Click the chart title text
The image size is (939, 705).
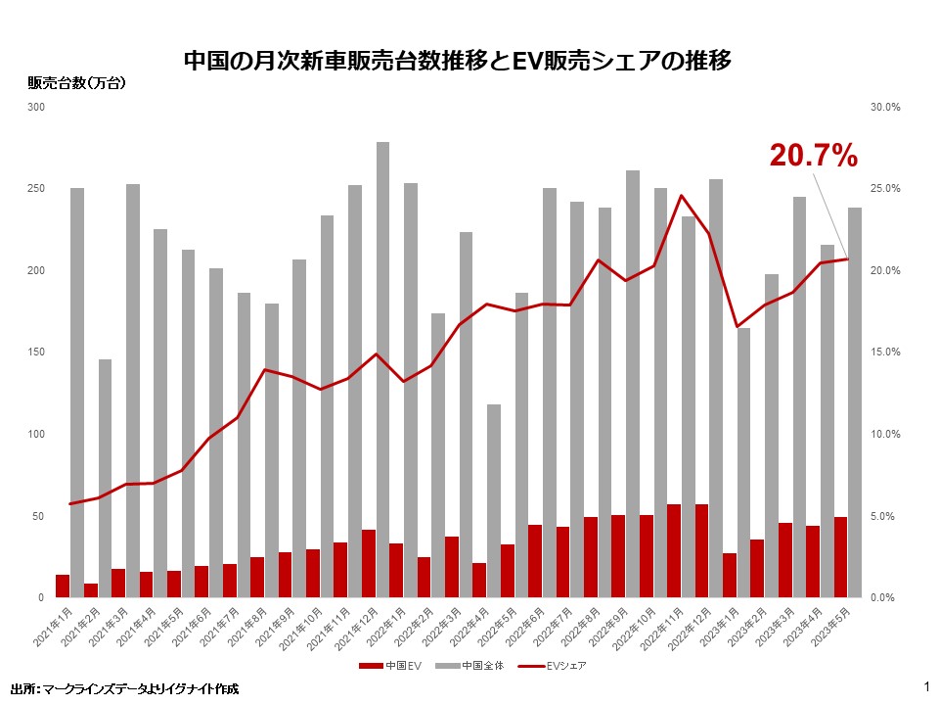(458, 62)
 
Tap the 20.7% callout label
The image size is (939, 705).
(813, 155)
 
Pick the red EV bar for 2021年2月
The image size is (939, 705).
(91, 590)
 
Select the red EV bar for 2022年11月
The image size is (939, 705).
(674, 550)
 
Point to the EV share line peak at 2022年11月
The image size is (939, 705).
(682, 196)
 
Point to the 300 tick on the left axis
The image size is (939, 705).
(36, 107)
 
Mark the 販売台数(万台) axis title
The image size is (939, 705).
(76, 83)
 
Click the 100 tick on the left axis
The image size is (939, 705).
(36, 434)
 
